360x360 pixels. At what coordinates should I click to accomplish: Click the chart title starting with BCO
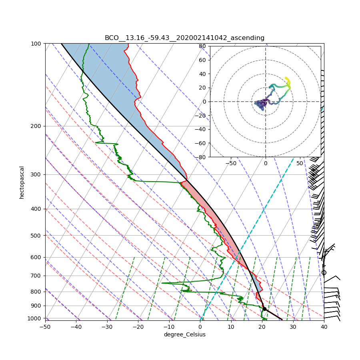pos(184,38)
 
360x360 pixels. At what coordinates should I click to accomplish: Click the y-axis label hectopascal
pos(22,182)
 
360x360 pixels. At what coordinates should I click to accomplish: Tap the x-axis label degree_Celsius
pos(184,334)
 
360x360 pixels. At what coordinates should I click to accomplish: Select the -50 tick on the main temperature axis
pos(45,327)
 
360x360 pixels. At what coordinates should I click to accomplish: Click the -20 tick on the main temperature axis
pos(138,327)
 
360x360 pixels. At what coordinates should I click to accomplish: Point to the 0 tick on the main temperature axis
pos(200,327)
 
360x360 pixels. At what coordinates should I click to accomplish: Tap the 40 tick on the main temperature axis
pos(324,327)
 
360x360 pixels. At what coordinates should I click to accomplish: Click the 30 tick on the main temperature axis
pos(293,327)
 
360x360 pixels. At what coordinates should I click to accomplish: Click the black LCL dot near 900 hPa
pos(264,309)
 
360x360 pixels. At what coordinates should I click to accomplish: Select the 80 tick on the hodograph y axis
pos(202,46)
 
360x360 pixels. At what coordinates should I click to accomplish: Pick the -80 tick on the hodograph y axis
pos(201,157)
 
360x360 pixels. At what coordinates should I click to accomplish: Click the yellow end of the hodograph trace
pos(286,78)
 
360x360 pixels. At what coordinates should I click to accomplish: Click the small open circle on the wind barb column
pos(324,273)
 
